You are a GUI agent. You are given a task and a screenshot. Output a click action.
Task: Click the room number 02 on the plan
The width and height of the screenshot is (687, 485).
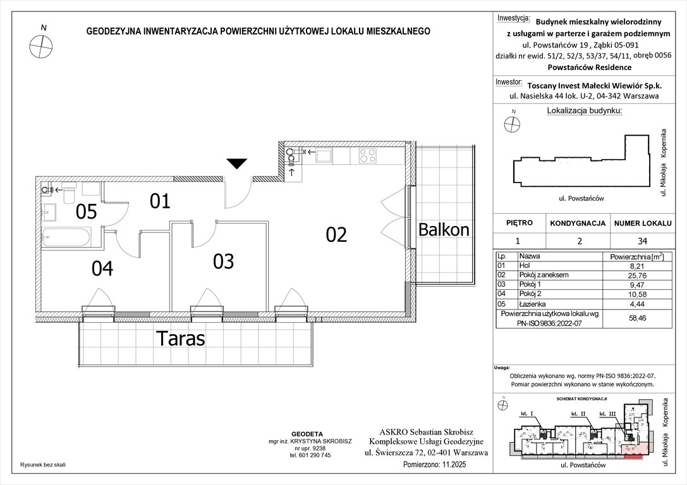(x=336, y=235)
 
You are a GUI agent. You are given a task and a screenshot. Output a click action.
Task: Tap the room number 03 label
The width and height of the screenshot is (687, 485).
(x=223, y=261)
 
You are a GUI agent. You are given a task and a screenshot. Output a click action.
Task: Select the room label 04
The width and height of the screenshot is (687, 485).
(x=102, y=269)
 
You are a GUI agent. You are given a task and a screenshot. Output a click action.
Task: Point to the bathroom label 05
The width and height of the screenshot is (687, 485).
(x=86, y=212)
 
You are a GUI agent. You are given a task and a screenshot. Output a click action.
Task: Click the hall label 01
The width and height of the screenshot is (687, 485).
(x=160, y=201)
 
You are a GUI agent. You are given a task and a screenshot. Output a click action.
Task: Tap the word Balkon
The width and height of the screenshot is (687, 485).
(x=444, y=230)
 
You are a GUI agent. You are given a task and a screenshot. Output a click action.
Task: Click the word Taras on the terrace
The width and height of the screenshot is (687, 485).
(x=181, y=339)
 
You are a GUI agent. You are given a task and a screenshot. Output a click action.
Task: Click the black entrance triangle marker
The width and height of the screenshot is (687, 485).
(x=236, y=164)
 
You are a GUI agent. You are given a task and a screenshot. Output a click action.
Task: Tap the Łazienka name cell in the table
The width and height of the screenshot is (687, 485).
(x=532, y=302)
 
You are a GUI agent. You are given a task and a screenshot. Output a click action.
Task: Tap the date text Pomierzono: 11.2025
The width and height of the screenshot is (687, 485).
(x=437, y=464)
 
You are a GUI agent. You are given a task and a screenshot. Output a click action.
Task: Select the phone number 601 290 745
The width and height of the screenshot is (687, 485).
(x=310, y=455)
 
